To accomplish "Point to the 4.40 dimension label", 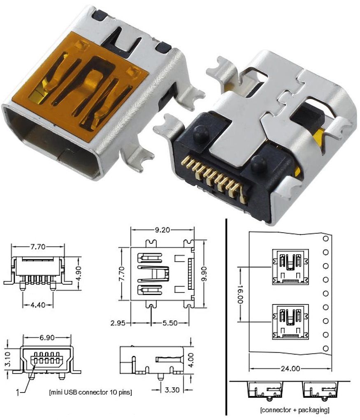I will [37, 305].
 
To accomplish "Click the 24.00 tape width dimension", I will [290, 368].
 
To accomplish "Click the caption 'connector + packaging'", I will [294, 410].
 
